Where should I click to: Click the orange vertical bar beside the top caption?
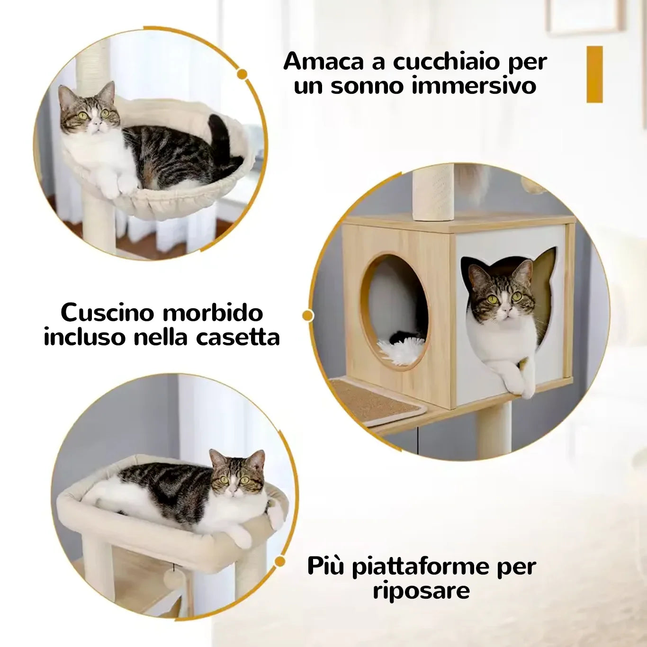[x=594, y=74]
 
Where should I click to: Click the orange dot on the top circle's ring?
[x=242, y=74]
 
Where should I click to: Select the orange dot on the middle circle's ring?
[x=307, y=315]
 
